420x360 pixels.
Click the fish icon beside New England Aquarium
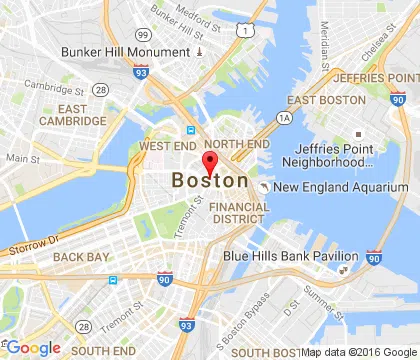click(262, 186)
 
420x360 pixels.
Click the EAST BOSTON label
click(325, 100)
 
